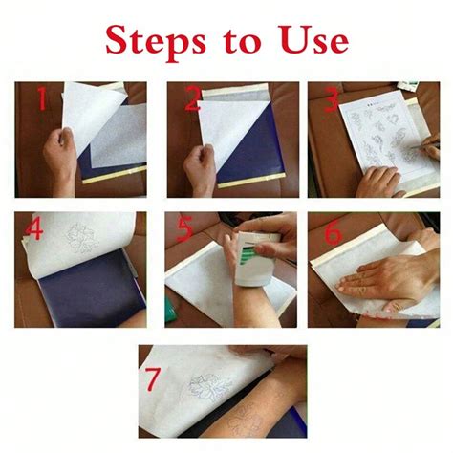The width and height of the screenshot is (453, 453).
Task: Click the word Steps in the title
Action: coord(156,42)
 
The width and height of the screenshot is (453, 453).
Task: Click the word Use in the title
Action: coord(314,39)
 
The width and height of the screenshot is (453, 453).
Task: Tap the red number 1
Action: coord(42,98)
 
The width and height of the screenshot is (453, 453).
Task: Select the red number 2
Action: coord(193,98)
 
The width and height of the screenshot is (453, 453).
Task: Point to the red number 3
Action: coord(332,100)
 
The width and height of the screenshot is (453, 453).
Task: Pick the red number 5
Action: coord(184,228)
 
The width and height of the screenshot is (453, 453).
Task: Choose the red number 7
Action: coord(152,378)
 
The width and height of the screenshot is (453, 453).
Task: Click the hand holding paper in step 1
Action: coord(61,160)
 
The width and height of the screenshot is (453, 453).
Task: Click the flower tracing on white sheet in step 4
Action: coord(81,238)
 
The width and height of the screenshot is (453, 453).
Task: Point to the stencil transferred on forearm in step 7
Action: coord(246,419)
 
